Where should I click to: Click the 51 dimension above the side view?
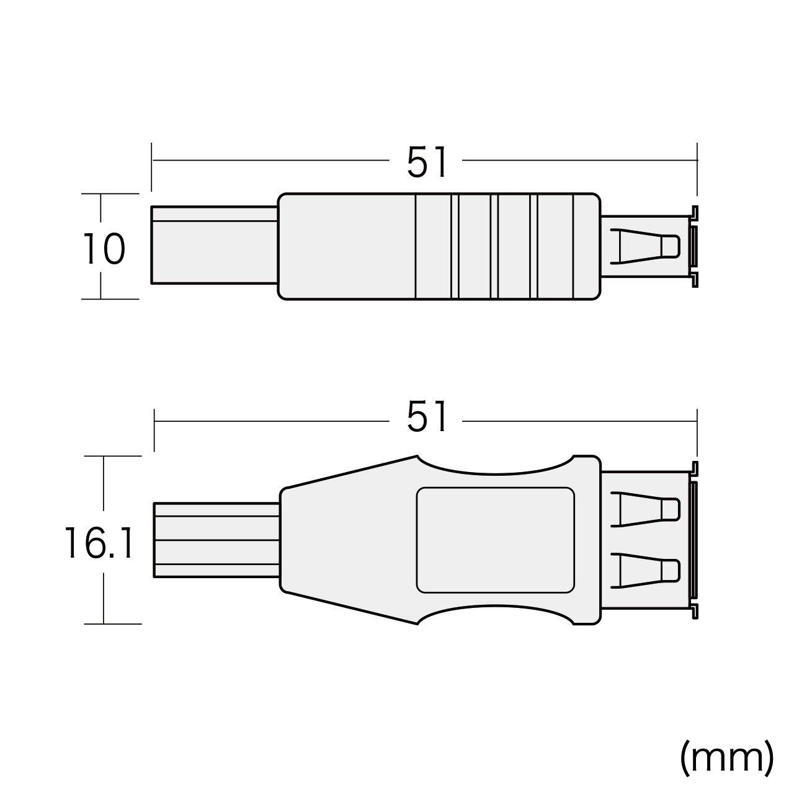[x=426, y=163]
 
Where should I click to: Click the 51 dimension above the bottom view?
[x=426, y=416]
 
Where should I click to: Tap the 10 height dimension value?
[x=104, y=249]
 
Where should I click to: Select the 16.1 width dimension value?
[x=99, y=543]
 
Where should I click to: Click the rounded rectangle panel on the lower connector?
[x=495, y=540]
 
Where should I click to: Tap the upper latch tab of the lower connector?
[x=645, y=509]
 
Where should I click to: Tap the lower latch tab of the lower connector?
[x=645, y=570]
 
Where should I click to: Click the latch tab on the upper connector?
[x=645, y=246]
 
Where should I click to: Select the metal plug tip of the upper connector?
[x=215, y=245]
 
